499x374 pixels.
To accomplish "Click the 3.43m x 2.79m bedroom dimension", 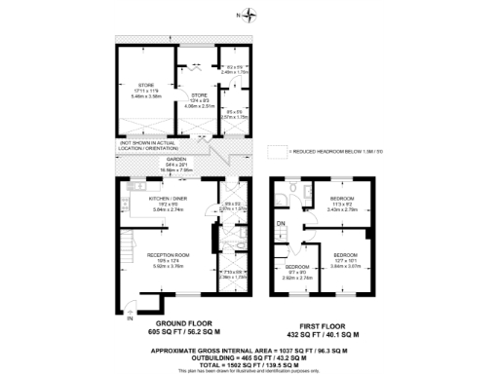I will (x=342, y=207).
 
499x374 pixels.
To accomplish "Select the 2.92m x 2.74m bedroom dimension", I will (x=295, y=278).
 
